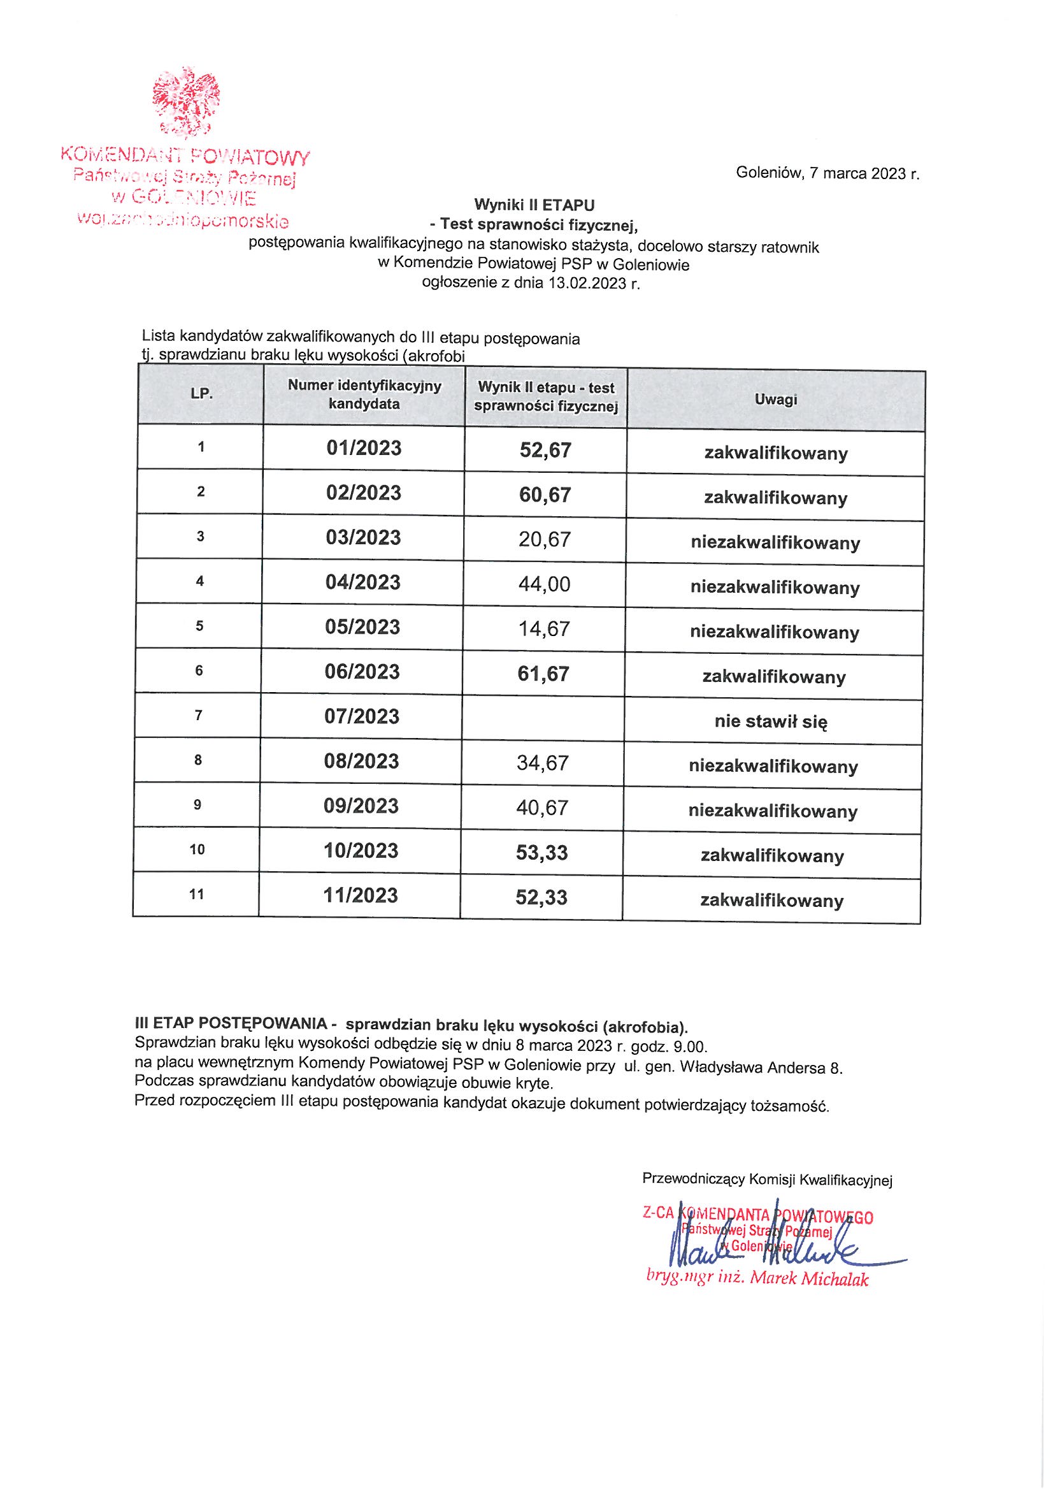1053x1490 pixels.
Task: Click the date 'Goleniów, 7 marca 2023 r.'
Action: pos(827,174)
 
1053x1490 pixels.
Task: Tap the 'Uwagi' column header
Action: pos(775,400)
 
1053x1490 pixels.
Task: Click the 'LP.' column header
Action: pos(202,393)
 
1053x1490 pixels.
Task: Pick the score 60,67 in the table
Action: pos(545,495)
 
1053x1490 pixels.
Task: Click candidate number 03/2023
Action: pos(363,538)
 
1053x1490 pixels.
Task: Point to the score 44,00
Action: pos(545,584)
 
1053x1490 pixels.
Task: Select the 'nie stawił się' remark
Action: pos(771,721)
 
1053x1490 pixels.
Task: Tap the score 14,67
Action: pos(545,629)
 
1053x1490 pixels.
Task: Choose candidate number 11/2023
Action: pos(361,896)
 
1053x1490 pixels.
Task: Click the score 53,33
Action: pos(541,853)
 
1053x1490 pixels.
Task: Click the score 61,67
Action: pos(543,674)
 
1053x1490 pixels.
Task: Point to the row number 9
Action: pos(197,806)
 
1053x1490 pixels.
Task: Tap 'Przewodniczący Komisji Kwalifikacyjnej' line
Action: pos(767,1179)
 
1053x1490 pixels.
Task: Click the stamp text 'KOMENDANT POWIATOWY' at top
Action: pos(185,156)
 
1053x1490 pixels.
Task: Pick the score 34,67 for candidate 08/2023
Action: pos(542,763)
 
